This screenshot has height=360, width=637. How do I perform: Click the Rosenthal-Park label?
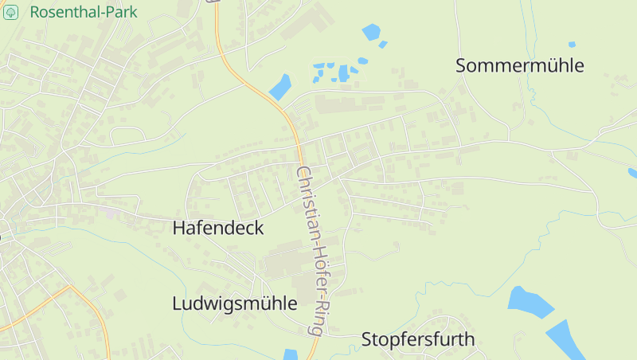pos(83,13)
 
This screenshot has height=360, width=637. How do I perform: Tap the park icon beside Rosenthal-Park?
pos(11,13)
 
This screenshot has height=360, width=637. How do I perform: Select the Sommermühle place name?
pos(520,66)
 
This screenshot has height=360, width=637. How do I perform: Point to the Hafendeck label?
pos(217,228)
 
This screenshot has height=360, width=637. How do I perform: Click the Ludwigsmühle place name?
pos(234,303)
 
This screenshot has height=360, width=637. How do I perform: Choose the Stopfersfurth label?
pos(418,339)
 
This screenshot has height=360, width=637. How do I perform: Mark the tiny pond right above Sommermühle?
pos(572,45)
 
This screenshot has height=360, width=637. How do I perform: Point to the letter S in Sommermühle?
pos(461,66)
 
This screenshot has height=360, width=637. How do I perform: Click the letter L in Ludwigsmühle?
pos(177,303)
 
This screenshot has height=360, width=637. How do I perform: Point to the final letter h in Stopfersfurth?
pos(470,339)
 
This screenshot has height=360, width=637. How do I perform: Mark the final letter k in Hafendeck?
pos(259,228)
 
